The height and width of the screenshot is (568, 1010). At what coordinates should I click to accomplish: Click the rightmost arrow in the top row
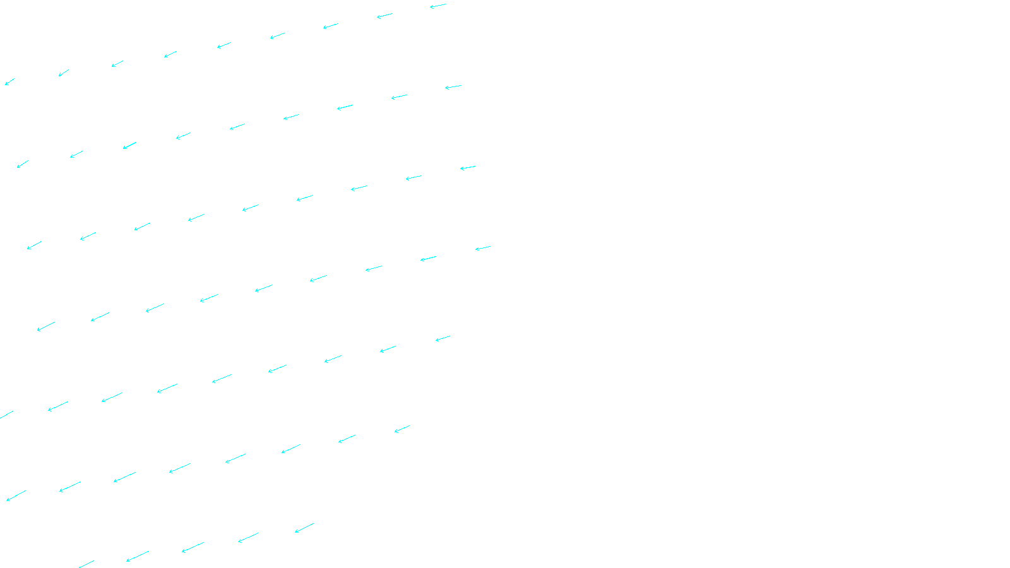438,6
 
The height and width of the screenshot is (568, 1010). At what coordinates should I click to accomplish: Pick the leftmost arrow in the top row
9,82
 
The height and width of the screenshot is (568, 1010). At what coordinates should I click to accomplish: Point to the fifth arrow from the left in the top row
224,45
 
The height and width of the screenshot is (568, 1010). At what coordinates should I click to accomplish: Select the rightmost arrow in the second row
453,87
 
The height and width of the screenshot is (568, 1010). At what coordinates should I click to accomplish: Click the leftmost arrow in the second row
23,164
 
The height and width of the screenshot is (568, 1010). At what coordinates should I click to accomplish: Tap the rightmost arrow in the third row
468,168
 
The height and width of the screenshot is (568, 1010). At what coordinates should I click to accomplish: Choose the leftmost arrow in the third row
34,245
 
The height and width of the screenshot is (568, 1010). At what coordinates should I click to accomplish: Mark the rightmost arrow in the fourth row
483,248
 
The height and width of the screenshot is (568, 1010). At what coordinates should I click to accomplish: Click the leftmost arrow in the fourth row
46,326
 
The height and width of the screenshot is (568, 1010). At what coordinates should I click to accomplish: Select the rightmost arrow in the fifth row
443,339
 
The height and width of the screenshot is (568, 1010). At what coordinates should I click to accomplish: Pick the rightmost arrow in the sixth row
402,429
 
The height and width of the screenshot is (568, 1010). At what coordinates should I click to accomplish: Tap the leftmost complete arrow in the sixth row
16,495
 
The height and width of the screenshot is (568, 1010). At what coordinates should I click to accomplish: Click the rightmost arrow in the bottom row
304,528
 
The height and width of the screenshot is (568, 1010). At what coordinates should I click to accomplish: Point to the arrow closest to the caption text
304,528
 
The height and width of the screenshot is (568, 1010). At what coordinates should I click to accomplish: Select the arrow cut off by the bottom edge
86,564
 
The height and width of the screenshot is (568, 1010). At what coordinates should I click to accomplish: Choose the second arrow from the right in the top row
384,16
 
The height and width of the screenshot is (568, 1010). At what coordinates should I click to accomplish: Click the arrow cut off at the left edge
6,415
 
